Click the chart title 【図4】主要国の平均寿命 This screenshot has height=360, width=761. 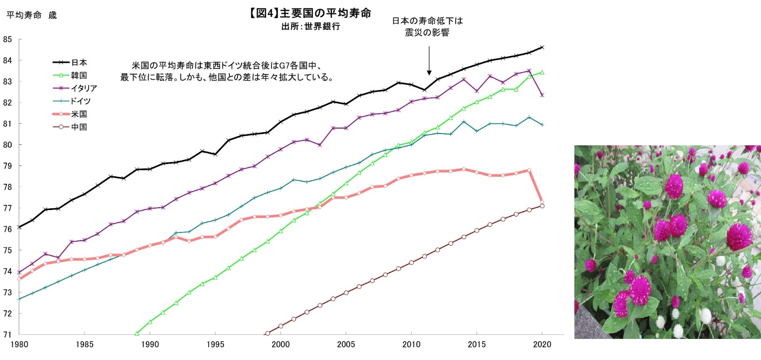coord(310,13)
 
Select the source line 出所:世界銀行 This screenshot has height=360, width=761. coord(310,27)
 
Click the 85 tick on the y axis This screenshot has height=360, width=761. coord(7,39)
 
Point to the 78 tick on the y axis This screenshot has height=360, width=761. coord(7,187)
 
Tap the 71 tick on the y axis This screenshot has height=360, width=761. coord(7,335)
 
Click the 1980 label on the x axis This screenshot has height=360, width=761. coord(19,345)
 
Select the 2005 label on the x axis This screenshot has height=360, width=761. coord(346,345)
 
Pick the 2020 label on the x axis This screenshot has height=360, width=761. coord(542,345)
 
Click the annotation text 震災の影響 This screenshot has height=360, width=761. coord(427,32)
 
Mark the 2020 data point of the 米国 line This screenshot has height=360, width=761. coord(542,202)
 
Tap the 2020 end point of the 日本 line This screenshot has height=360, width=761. coord(542,47)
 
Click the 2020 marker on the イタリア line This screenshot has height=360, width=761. coord(542,95)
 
